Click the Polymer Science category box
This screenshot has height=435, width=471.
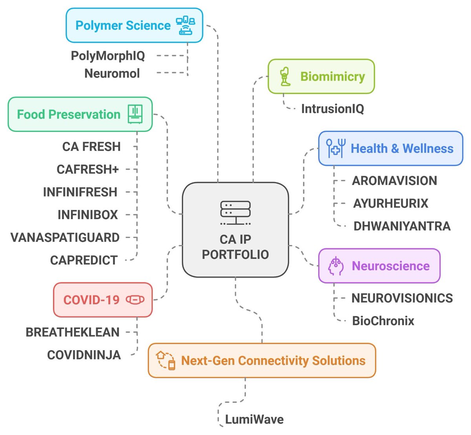[134, 26]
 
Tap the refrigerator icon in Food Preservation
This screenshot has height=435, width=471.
[135, 114]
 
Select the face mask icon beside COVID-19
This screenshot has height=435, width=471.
[135, 300]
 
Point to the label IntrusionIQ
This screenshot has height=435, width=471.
[332, 109]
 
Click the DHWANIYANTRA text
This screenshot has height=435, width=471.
[402, 226]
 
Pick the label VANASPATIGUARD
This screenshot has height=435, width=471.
[65, 238]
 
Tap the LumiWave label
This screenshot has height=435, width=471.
[254, 419]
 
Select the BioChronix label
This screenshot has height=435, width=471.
[383, 321]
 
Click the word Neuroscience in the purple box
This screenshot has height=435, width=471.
[391, 266]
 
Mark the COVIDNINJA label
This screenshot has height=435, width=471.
[84, 355]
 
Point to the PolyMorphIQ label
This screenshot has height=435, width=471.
[108, 56]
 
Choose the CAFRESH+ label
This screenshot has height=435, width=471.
[88, 170]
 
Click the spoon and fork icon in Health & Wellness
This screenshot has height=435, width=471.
[336, 148]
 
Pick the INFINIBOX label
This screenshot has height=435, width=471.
[88, 215]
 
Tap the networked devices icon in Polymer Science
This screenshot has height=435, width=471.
[185, 26]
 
